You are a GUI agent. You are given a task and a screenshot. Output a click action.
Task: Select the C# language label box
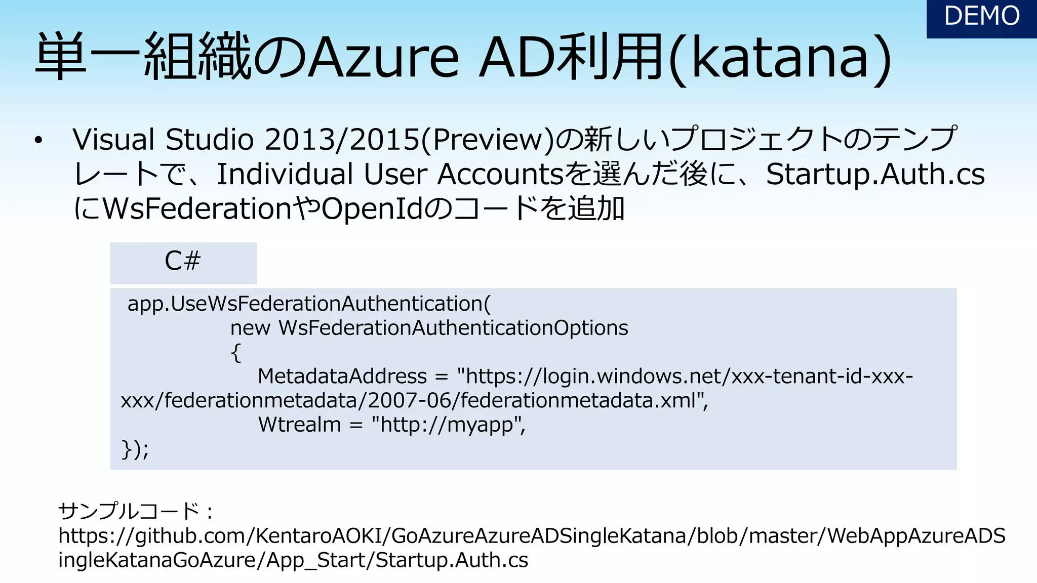click(x=183, y=262)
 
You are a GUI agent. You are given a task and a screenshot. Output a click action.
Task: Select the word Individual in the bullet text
click(x=285, y=175)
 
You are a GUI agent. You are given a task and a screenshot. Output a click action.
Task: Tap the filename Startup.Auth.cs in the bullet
click(x=875, y=175)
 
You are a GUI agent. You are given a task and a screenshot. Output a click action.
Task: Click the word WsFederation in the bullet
click(x=197, y=209)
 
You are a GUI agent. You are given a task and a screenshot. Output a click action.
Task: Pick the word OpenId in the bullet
click(x=372, y=209)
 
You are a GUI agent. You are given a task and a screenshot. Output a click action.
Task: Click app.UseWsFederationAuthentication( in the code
click(x=309, y=304)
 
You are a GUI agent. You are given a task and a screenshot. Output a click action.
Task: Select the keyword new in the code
click(x=250, y=328)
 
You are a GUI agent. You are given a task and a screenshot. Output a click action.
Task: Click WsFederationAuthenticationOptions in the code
click(x=453, y=328)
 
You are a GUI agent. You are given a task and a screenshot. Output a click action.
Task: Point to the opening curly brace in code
click(x=235, y=353)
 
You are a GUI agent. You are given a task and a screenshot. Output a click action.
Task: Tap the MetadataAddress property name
click(x=342, y=377)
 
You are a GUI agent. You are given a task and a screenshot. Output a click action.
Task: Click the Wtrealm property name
click(x=299, y=425)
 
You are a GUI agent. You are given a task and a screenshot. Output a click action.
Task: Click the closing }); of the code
click(x=135, y=449)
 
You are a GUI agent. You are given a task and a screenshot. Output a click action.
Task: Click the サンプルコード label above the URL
click(x=130, y=511)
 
